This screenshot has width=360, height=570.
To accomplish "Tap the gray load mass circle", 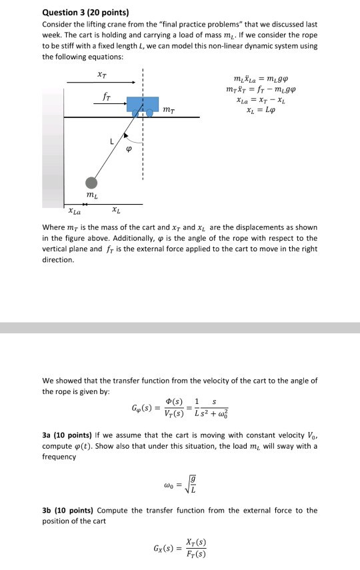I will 91,183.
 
